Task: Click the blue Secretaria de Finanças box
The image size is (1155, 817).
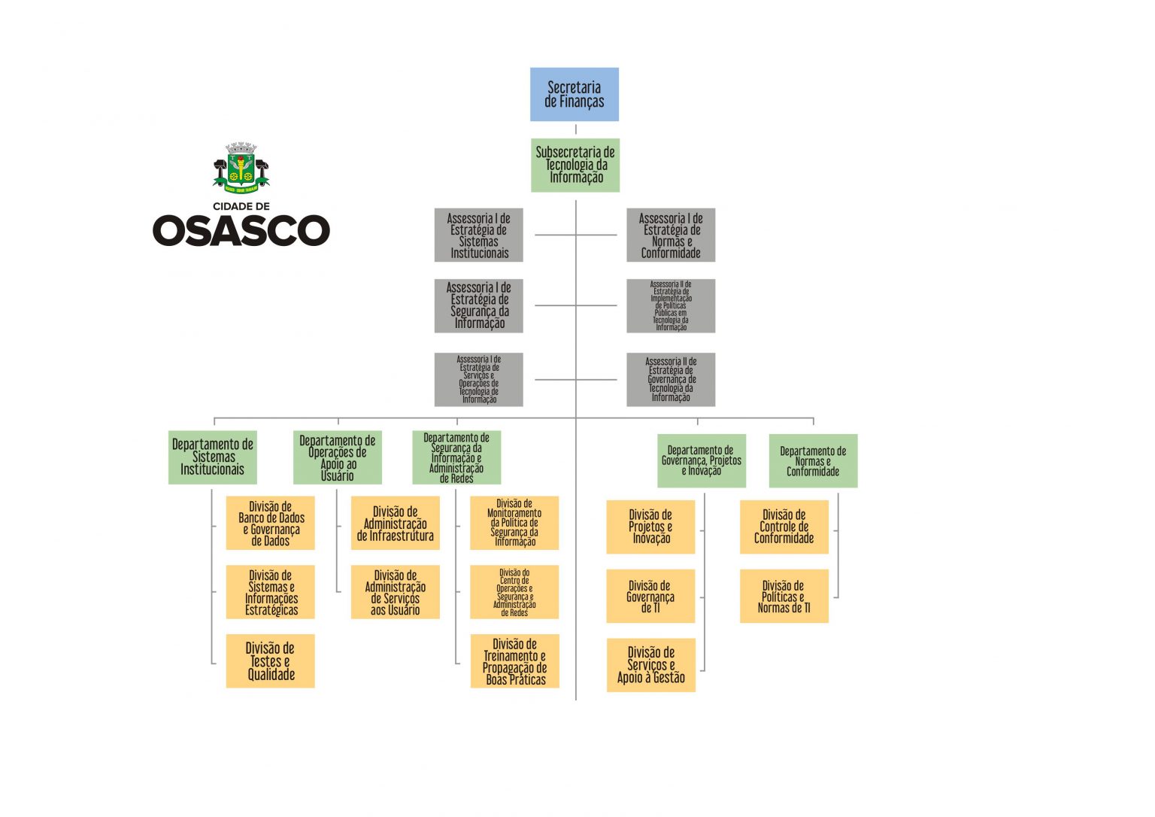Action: (574, 94)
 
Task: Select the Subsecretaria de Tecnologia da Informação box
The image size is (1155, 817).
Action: (575, 165)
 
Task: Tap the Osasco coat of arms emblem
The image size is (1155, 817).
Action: (241, 167)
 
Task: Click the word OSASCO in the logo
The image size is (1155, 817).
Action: (241, 230)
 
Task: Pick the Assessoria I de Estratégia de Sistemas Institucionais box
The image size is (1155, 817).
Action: (478, 235)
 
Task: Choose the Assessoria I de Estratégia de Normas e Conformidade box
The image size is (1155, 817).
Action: (671, 235)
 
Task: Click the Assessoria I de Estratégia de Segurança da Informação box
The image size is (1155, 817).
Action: (478, 305)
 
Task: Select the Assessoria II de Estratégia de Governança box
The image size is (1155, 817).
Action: (671, 380)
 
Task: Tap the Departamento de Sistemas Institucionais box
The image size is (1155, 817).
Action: (213, 457)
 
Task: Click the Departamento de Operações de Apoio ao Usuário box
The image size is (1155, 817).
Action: (337, 457)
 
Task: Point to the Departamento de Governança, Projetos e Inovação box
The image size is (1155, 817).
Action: (702, 460)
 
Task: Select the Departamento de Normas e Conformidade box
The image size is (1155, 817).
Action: (813, 460)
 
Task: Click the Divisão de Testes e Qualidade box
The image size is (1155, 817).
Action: (270, 661)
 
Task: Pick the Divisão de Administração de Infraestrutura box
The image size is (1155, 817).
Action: (395, 523)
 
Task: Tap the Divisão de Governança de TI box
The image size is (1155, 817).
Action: (650, 596)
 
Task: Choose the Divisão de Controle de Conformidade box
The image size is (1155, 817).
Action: (784, 527)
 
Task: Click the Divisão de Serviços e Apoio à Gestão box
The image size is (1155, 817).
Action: (650, 665)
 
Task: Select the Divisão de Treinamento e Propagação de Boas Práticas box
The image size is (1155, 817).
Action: (514, 661)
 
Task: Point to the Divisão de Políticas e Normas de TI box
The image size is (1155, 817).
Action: (784, 596)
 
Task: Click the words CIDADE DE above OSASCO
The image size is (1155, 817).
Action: (241, 206)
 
